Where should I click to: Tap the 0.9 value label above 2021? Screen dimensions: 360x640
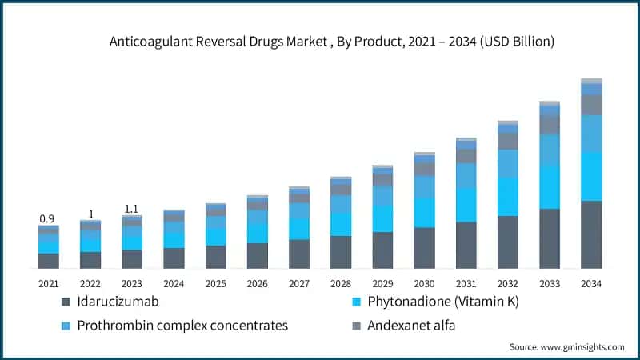(48, 218)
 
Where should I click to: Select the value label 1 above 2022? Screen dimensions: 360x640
(90, 214)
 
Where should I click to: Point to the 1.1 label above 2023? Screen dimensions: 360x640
(132, 209)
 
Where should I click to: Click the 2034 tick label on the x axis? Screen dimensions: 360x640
(590, 283)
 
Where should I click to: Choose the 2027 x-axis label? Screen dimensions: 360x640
(298, 283)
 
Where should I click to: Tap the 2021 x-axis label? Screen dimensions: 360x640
(48, 283)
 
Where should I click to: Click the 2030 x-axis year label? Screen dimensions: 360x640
(424, 283)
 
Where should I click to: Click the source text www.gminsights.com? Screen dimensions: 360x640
(566, 346)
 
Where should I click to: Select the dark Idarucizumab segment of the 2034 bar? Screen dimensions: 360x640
(591, 234)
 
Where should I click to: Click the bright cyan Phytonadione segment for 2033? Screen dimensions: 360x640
(550, 186)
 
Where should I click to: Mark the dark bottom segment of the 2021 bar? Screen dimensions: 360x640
(49, 261)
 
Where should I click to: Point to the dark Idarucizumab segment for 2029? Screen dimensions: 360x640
(382, 250)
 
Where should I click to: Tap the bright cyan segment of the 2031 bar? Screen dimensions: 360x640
(466, 205)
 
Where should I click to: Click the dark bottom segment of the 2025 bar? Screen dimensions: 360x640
(215, 256)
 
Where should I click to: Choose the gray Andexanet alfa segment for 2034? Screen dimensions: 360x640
(591, 105)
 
